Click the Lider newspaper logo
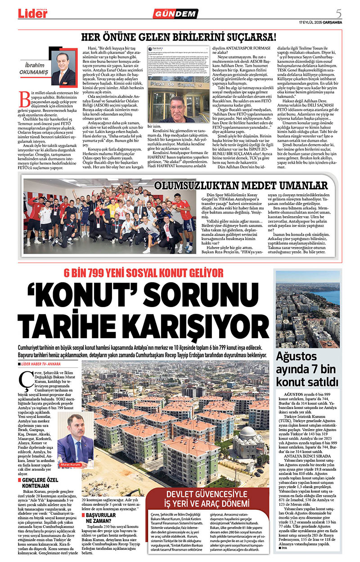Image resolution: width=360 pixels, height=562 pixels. click(x=32, y=13)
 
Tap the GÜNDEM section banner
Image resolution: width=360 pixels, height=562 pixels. click(x=181, y=14)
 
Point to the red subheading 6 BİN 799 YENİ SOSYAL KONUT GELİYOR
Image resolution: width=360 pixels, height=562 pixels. click(x=143, y=273)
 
